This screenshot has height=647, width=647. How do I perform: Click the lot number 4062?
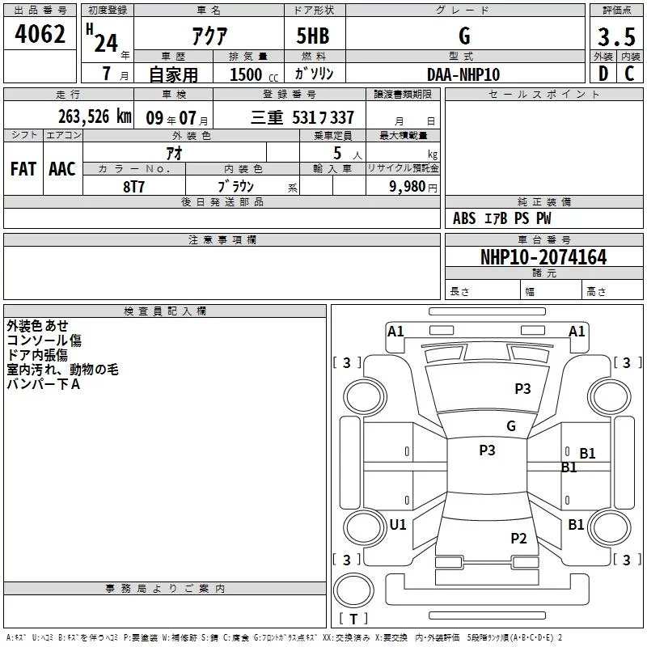[40, 34]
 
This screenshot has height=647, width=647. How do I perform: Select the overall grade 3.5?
[616, 36]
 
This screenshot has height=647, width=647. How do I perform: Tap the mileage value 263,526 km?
[95, 116]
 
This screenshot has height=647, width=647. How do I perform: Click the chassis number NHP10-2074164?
[543, 257]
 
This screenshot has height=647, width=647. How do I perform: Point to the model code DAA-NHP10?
[463, 74]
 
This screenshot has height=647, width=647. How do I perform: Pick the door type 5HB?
[313, 36]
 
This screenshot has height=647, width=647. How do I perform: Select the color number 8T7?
[133, 187]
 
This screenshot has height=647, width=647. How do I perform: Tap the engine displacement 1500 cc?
[254, 74]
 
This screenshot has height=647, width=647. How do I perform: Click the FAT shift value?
[23, 169]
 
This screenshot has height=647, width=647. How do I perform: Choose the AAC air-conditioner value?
[62, 169]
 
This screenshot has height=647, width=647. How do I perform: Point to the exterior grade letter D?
[603, 74]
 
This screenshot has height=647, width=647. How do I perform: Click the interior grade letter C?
[629, 74]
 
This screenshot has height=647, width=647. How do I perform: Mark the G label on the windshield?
[511, 425]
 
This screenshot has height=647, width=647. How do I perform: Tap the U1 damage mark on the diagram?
[398, 524]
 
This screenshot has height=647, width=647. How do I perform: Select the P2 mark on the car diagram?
[518, 539]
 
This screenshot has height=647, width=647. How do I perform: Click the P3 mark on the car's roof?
[487, 450]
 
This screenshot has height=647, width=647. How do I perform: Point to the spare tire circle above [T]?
[353, 590]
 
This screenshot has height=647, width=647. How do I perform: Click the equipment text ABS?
[464, 218]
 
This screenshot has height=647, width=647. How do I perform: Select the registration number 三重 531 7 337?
[302, 117]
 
